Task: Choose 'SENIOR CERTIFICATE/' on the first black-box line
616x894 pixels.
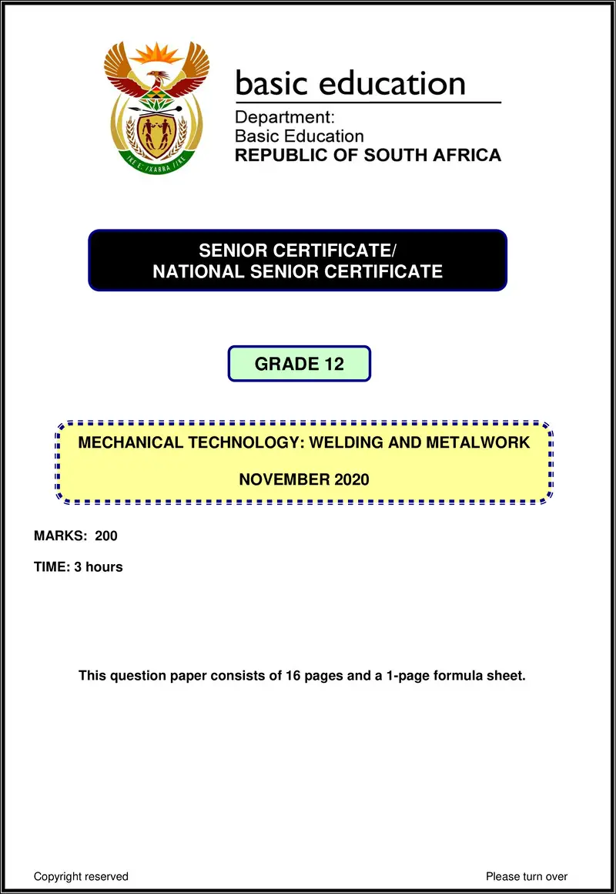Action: pos(297,250)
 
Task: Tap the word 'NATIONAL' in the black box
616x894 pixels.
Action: pos(198,271)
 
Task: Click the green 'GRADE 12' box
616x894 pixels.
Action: pos(299,364)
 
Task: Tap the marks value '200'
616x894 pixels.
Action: pos(106,536)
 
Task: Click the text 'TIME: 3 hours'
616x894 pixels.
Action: pos(78,567)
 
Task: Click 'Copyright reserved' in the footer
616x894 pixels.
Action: pos(81,876)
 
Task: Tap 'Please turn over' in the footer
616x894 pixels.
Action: pos(527,876)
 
